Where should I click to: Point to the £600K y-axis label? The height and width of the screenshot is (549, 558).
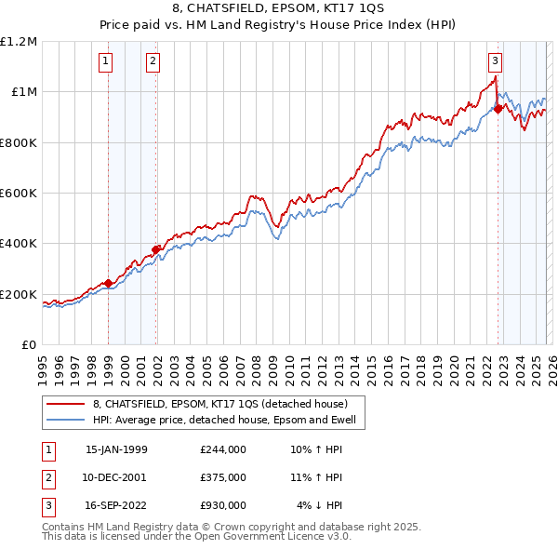pyautogui.click(x=19, y=194)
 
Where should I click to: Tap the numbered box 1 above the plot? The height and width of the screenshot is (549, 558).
pyautogui.click(x=106, y=62)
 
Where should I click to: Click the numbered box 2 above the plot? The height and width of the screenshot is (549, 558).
pyautogui.click(x=153, y=62)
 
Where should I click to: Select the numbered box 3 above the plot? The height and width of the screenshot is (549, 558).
pyautogui.click(x=496, y=62)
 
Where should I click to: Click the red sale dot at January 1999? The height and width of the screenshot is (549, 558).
pyautogui.click(x=108, y=283)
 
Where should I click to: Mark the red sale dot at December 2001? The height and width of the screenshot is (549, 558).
pyautogui.click(x=156, y=249)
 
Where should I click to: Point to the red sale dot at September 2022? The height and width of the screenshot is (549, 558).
pyautogui.click(x=498, y=109)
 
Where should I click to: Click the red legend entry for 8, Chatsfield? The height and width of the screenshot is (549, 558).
pyautogui.click(x=219, y=404)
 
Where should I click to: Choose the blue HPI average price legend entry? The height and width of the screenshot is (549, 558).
pyautogui.click(x=230, y=420)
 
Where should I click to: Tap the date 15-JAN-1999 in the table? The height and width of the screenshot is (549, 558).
pyautogui.click(x=116, y=449)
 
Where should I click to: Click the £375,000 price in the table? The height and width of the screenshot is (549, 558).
pyautogui.click(x=222, y=477)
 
